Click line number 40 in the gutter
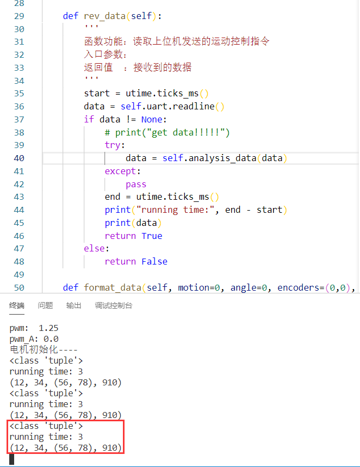tap(18, 158)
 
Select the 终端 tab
tap(17, 305)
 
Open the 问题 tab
tap(45, 305)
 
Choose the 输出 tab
tap(73, 305)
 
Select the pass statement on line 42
tap(136, 184)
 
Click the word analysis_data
tap(220, 158)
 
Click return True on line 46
tap(133, 236)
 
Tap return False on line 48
tap(136, 261)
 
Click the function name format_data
tap(110, 287)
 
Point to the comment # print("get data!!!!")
tap(167, 132)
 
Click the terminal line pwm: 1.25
tap(34, 328)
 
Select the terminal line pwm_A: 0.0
tap(34, 339)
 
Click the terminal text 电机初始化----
tap(44, 349)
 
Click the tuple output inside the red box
tap(65, 447)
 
